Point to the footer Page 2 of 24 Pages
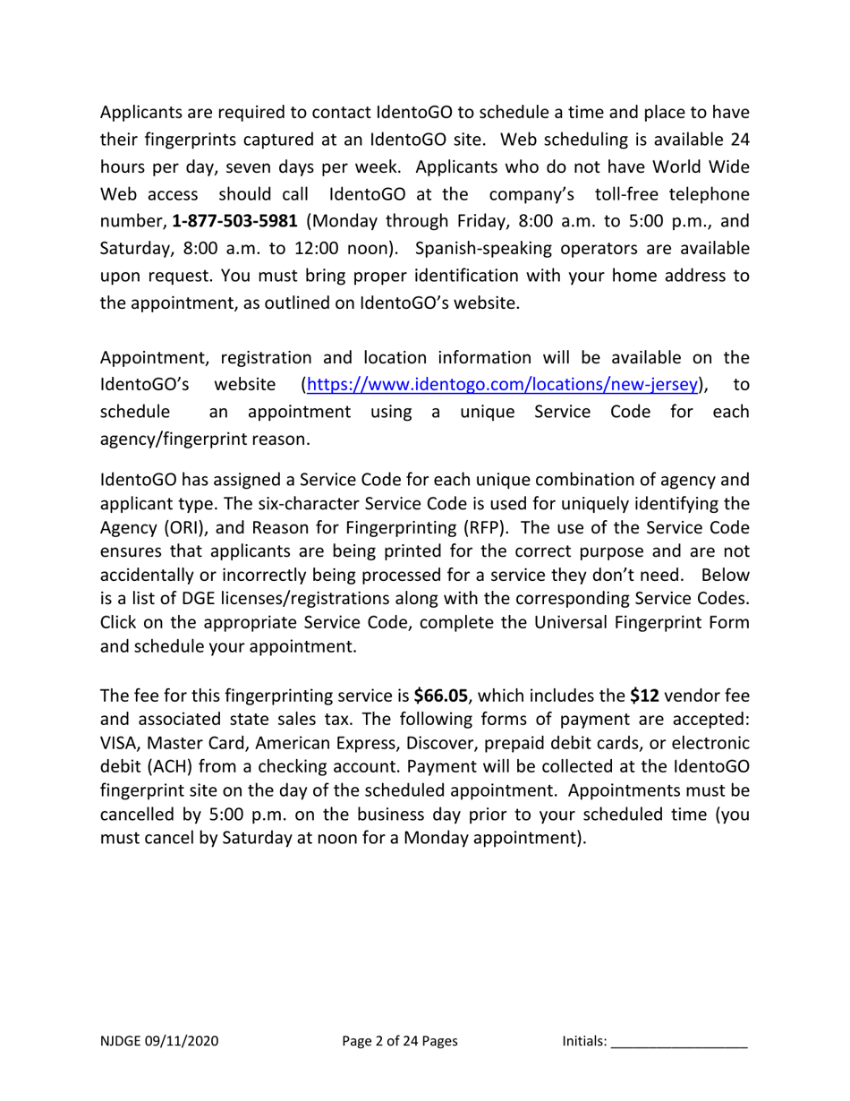[400, 1041]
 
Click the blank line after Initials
[679, 1041]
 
